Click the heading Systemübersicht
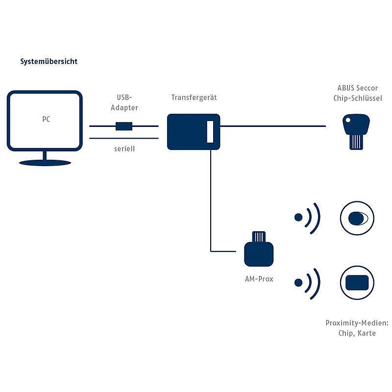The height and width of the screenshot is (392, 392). pyautogui.click(x=49, y=62)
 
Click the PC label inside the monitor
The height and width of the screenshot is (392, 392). pyautogui.click(x=45, y=119)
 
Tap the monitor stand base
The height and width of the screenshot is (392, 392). pyautogui.click(x=45, y=162)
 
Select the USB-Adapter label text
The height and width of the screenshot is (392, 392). pyautogui.click(x=124, y=102)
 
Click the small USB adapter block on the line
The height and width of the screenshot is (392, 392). pyautogui.click(x=123, y=126)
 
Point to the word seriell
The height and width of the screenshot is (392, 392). pyautogui.click(x=123, y=148)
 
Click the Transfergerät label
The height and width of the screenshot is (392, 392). pyautogui.click(x=194, y=98)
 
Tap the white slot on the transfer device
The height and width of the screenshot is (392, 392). pyautogui.click(x=210, y=132)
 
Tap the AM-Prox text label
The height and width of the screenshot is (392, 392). pyautogui.click(x=259, y=279)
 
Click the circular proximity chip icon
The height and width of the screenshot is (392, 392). pyautogui.click(x=356, y=217)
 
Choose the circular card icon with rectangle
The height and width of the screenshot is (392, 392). pyautogui.click(x=356, y=283)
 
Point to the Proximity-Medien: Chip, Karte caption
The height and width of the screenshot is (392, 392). pyautogui.click(x=356, y=328)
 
